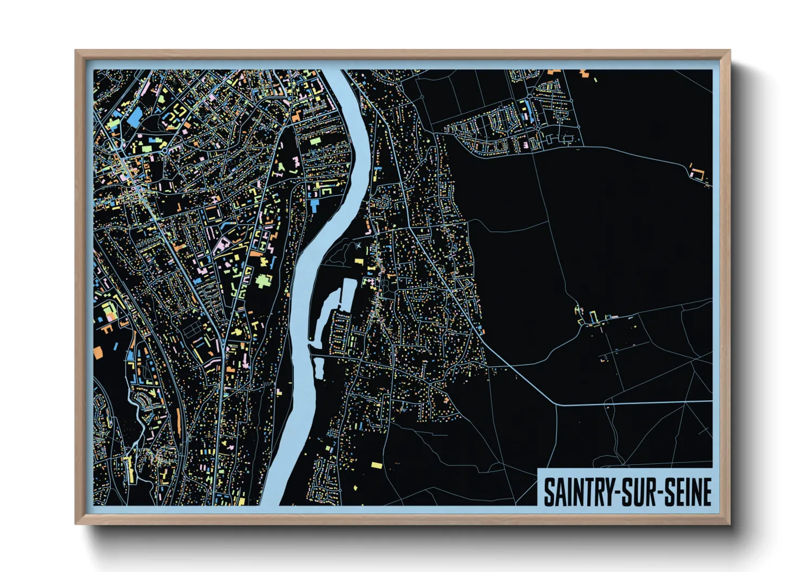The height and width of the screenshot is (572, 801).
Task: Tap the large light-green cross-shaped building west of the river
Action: (264, 281)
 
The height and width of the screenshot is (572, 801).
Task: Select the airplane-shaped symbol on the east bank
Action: (358, 246)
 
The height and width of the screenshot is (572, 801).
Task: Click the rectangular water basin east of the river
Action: (346, 295)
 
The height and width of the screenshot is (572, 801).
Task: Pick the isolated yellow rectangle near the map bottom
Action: (376, 464)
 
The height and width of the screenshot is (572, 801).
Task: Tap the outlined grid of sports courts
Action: (190, 330)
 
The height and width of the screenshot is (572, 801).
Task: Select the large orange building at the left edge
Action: (98, 352)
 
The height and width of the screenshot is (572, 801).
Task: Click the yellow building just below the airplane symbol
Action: (359, 262)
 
